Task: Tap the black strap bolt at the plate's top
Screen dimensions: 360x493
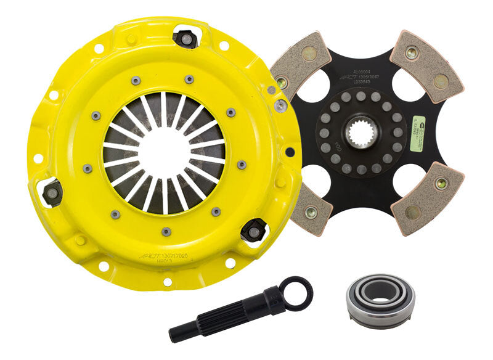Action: click(185, 38)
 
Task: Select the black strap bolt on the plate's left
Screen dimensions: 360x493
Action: click(52, 193)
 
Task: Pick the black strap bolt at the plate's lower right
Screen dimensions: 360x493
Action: click(253, 231)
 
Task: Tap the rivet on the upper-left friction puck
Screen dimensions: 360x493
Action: click(282, 82)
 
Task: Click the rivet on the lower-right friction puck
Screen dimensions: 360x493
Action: click(441, 183)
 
